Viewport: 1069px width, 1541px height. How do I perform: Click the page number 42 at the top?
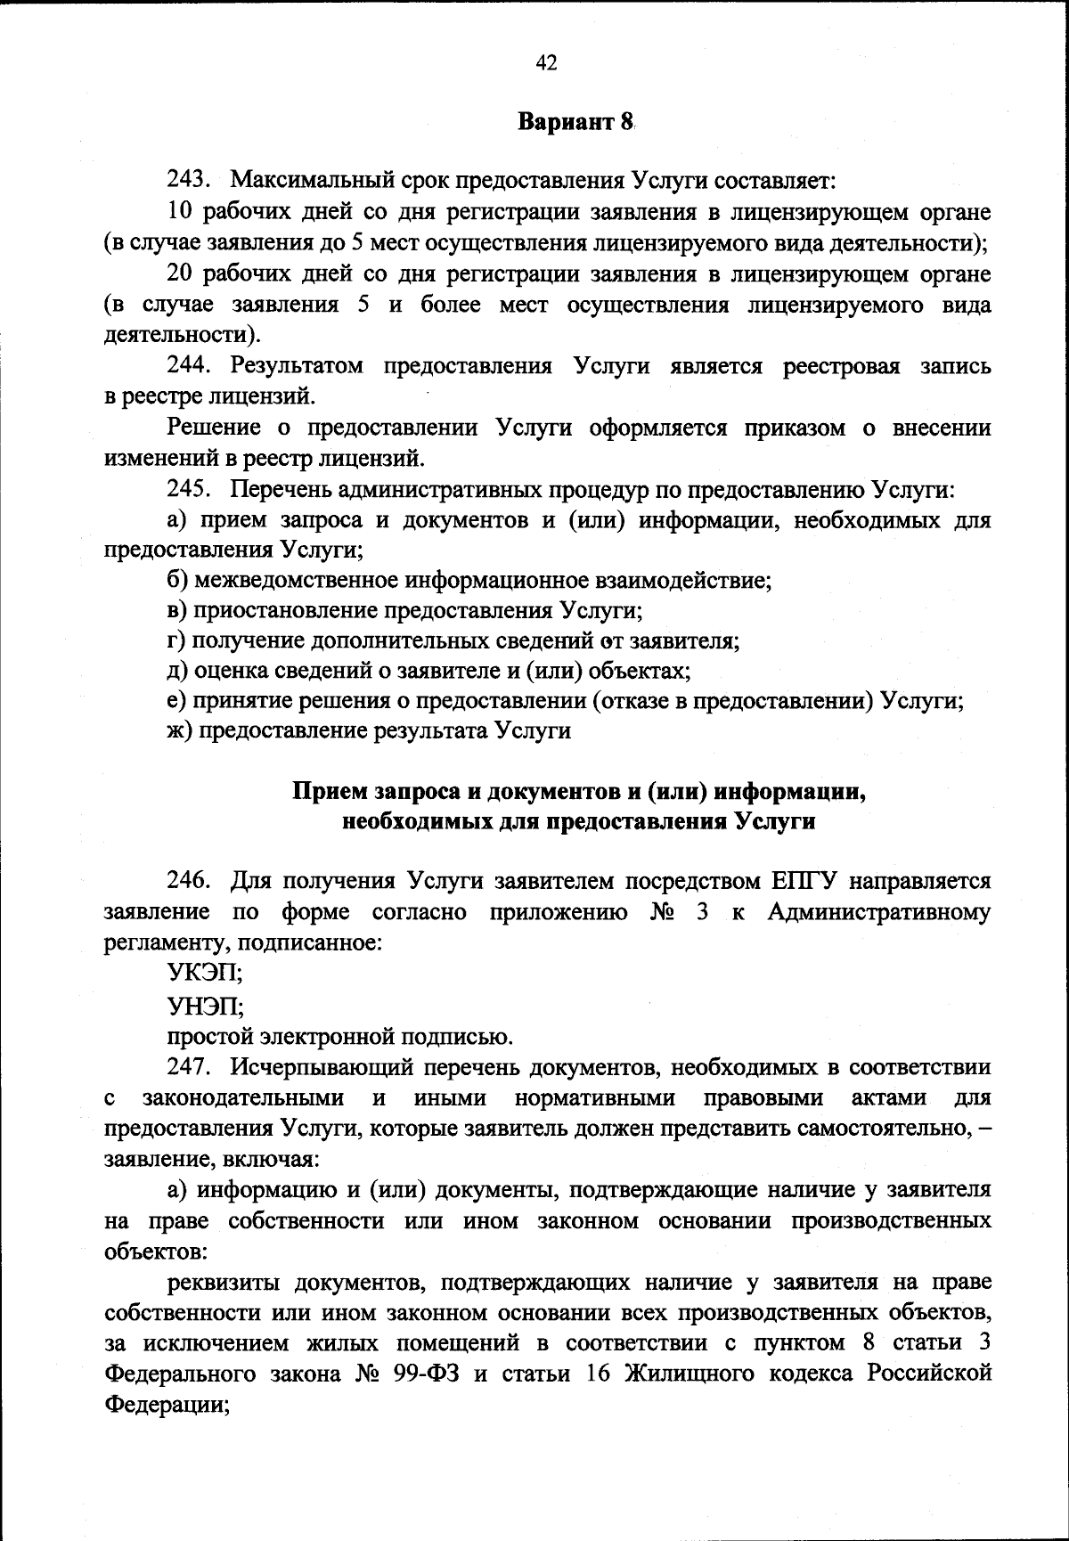(x=547, y=61)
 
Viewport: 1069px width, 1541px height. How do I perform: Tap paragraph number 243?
(x=188, y=182)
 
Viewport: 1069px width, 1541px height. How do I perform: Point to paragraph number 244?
(x=188, y=366)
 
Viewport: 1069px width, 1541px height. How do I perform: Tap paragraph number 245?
(x=188, y=489)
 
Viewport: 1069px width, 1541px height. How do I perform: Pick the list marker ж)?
(x=180, y=731)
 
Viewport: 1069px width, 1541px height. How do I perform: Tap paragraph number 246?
(x=188, y=881)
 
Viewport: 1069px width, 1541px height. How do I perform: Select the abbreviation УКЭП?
(x=205, y=974)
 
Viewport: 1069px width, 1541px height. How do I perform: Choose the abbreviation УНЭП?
(x=205, y=1006)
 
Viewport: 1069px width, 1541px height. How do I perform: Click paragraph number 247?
(x=188, y=1066)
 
